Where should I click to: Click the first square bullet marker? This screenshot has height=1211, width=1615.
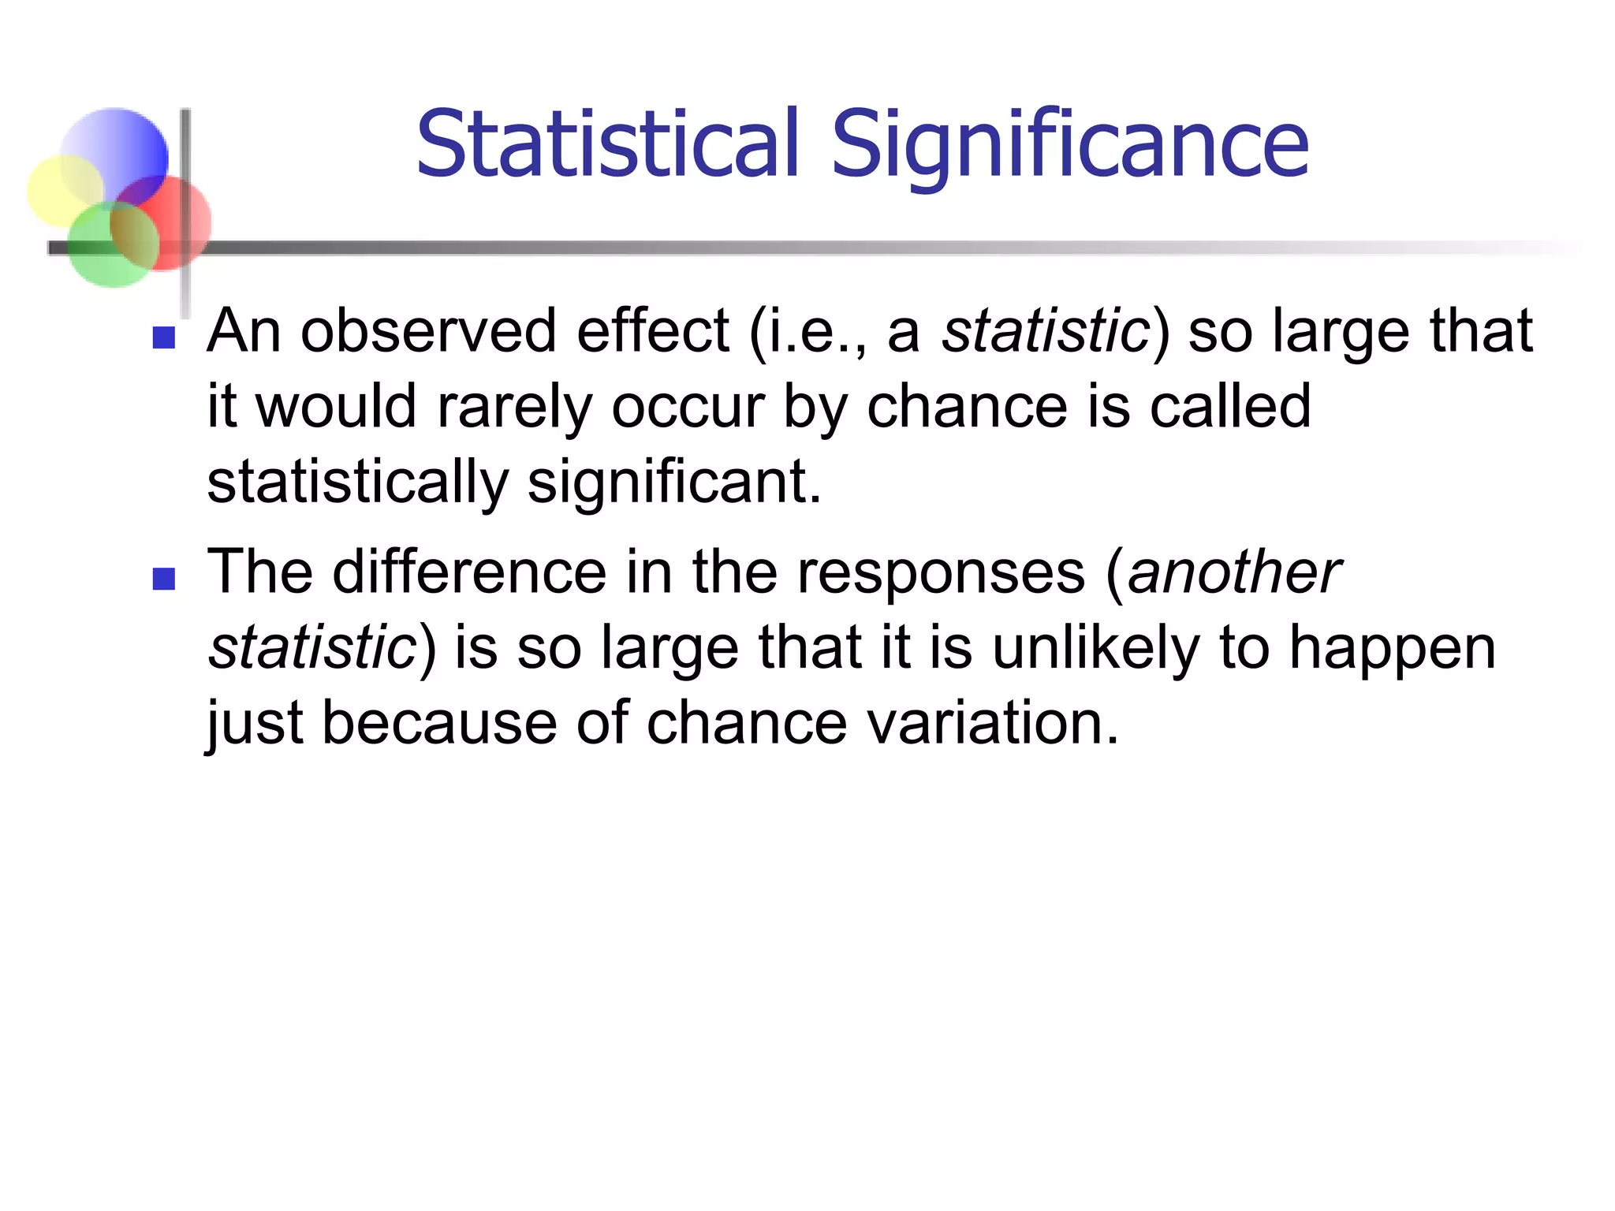click(164, 337)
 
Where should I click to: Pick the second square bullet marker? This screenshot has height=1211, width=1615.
click(164, 579)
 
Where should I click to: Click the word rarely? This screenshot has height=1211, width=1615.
click(513, 408)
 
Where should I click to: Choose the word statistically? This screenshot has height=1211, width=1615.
click(357, 483)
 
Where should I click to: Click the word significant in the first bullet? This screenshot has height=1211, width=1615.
click(674, 482)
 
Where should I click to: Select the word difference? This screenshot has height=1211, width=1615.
click(469, 572)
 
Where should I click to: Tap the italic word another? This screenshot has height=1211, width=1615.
click(1233, 572)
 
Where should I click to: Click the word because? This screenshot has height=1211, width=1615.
click(439, 723)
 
